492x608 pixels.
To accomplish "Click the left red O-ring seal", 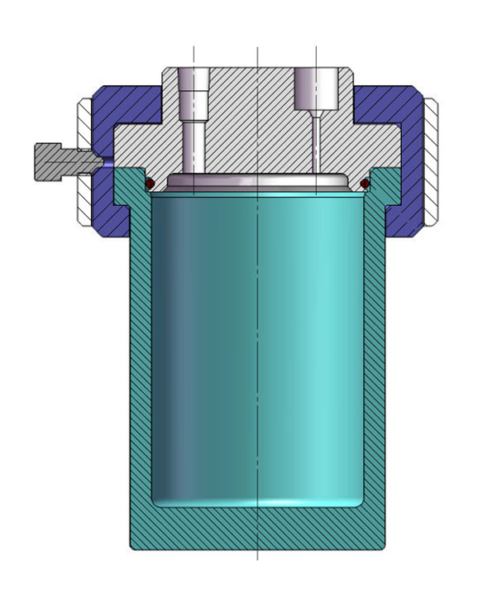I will tap(150, 182).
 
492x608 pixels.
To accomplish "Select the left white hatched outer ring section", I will tap(85, 161).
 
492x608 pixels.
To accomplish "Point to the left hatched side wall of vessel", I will tap(141, 356).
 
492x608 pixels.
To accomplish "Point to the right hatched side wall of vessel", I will tap(375, 356).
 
